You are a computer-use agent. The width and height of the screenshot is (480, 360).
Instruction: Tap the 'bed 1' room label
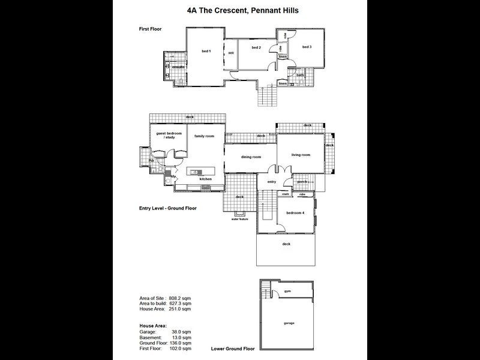coord(206,52)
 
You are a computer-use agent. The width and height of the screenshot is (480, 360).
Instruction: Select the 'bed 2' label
coord(256,47)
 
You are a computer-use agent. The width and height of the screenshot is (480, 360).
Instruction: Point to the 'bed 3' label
coord(307,47)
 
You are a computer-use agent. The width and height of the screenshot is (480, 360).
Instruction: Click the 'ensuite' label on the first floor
coord(178,67)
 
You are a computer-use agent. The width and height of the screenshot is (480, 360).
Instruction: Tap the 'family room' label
coord(204,136)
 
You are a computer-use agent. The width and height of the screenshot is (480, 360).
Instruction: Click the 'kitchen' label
coord(206,179)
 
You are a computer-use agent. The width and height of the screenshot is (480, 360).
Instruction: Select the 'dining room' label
coord(251,157)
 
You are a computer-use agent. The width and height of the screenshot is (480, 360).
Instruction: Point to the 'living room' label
coord(300,155)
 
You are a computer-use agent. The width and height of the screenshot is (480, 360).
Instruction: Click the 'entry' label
coord(271,181)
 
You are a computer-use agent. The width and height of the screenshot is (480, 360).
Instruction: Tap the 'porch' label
coord(302,182)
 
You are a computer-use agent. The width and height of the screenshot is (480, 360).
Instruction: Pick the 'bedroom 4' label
coord(295,213)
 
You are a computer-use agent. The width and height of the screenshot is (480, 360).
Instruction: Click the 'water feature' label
coord(239,219)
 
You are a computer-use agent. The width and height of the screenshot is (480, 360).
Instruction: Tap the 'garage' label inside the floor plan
coord(289,323)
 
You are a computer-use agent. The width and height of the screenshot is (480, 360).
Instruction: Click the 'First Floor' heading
coord(151,28)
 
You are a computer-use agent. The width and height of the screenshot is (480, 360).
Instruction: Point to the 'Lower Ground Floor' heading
coord(233,348)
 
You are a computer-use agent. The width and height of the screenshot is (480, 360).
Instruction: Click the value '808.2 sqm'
coord(179,298)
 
